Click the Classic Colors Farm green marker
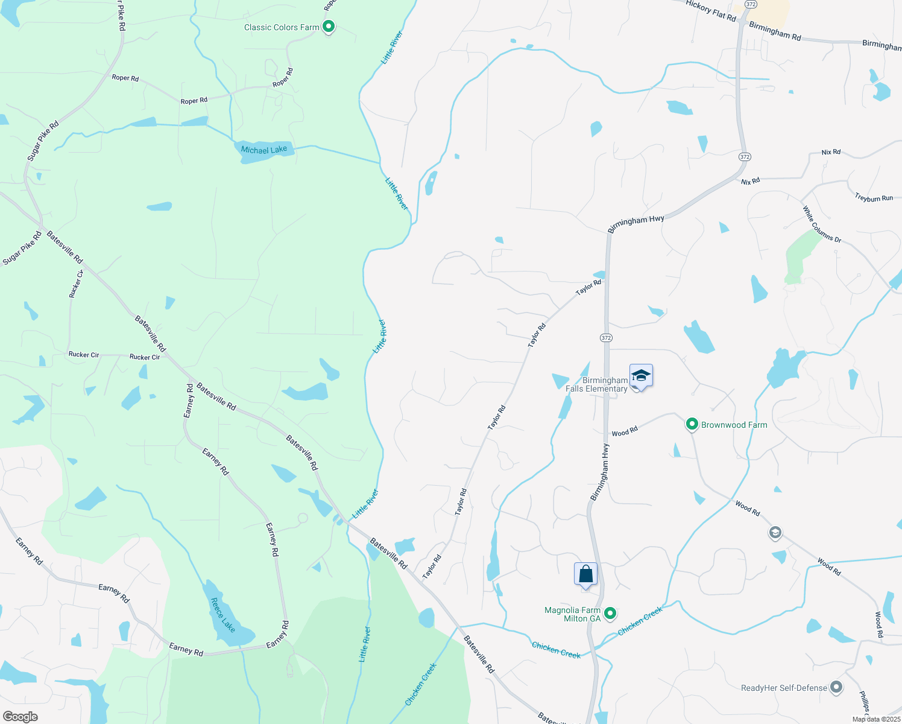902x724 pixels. [329, 27]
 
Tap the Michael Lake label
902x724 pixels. [264, 150]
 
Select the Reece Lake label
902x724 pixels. [222, 615]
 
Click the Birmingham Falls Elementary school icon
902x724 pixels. [641, 376]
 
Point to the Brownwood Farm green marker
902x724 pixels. [692, 425]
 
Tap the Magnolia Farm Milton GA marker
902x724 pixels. [610, 614]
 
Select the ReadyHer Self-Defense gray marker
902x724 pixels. [836, 687]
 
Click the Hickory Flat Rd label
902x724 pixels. [711, 11]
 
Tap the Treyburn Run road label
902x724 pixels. [874, 197]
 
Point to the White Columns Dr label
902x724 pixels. [821, 224]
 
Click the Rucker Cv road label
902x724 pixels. [76, 284]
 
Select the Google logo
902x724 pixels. [20, 716]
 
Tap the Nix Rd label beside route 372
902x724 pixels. [751, 181]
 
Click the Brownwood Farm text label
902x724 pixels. [734, 425]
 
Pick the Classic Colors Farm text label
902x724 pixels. [282, 27]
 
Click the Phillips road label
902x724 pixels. [864, 701]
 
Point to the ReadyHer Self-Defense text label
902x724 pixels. [784, 688]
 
